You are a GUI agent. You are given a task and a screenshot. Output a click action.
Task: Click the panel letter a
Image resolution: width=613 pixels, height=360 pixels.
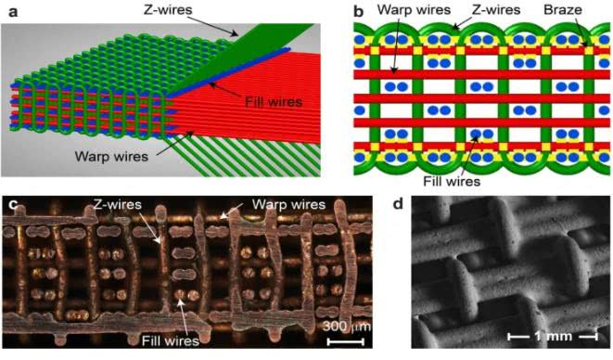pos(13,11)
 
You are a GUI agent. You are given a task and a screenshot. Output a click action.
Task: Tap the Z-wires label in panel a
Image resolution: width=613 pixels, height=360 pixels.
pos(168,9)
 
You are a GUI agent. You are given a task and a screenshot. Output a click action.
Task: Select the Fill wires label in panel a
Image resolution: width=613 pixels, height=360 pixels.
pos(274,102)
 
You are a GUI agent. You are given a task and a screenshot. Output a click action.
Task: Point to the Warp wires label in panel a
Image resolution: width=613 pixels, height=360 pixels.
pos(111,156)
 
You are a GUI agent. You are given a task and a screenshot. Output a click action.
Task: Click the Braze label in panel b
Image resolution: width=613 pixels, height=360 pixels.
pos(563,9)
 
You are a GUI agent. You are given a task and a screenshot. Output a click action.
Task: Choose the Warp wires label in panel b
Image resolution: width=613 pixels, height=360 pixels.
pos(414,9)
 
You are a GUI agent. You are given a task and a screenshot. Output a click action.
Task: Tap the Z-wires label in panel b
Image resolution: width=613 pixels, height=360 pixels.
pos(496,9)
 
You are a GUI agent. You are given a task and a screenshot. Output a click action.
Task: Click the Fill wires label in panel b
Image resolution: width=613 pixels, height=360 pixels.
pos(452,181)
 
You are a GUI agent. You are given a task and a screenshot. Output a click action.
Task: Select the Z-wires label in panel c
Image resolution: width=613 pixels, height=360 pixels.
pos(117,203)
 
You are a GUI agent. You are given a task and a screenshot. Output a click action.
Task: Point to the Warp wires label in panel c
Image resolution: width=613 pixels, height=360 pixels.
pos(288,204)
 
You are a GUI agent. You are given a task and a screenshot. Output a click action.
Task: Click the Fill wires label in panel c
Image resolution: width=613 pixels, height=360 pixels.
pos(171,341)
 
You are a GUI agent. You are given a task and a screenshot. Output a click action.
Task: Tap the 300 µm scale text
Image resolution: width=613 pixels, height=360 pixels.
pos(346,326)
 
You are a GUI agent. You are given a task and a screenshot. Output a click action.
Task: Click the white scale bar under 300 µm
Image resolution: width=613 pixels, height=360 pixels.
pos(346,342)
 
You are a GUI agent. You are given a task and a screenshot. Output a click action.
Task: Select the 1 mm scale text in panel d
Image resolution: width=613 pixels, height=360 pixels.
pos(553,336)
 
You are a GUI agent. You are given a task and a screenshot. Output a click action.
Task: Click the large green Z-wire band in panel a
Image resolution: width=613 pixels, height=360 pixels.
pos(242,57)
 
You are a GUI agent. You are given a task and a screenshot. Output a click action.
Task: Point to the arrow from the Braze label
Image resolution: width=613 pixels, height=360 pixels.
pos(581,33)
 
